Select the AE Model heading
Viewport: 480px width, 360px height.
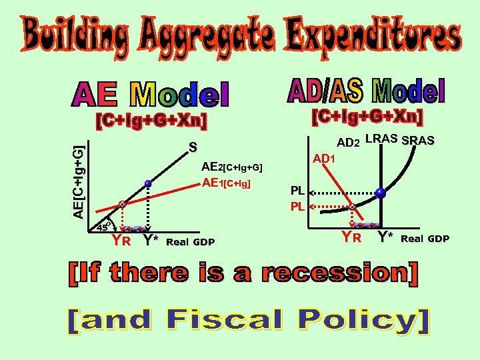point(150,95)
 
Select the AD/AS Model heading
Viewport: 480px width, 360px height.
point(366,91)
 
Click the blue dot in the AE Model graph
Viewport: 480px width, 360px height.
point(148,183)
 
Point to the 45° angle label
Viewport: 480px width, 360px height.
point(101,225)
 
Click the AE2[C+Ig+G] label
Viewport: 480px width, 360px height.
point(231,168)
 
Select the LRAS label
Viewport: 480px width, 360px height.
point(382,139)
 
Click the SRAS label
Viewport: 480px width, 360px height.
point(419,140)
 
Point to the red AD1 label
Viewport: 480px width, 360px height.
point(327,159)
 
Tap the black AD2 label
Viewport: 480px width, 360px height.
point(348,142)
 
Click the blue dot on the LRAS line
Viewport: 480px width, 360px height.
point(379,193)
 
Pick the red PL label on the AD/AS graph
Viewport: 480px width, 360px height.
point(297,207)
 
